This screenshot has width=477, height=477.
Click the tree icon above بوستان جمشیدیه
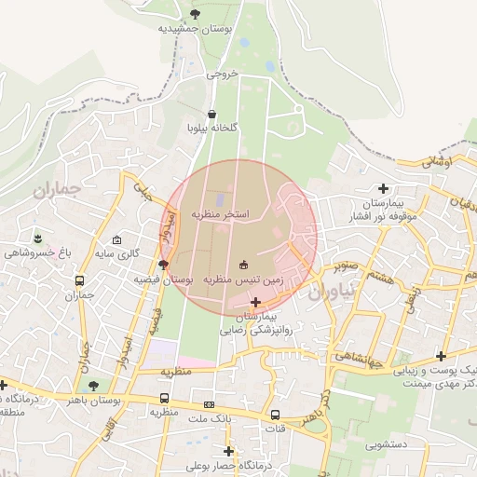point(195,13)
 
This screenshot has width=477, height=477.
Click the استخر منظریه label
point(221,214)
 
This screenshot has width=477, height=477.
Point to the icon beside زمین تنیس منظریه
point(245,264)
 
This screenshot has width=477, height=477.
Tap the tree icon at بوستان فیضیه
point(164,265)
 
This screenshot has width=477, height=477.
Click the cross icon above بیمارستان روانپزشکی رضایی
point(256,302)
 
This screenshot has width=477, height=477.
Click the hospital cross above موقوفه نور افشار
point(383,188)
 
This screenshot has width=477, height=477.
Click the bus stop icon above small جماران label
point(80,280)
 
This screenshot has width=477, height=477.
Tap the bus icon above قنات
point(275,415)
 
